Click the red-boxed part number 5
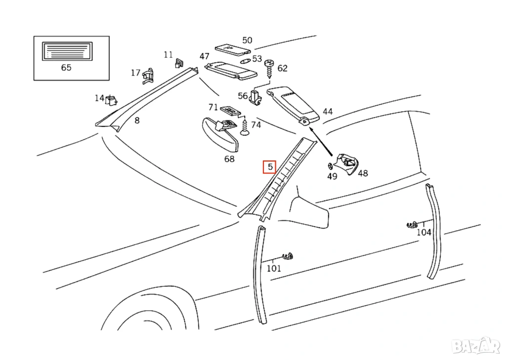[x=270, y=167]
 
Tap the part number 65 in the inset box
[x=66, y=68]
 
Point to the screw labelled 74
[x=245, y=127]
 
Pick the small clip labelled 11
[x=179, y=63]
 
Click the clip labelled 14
[x=112, y=100]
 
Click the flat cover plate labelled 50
[x=233, y=49]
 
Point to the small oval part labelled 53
[x=246, y=60]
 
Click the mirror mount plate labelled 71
[x=230, y=111]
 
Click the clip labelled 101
[x=288, y=256]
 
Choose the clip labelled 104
[x=411, y=226]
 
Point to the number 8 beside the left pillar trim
[x=137, y=120]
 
